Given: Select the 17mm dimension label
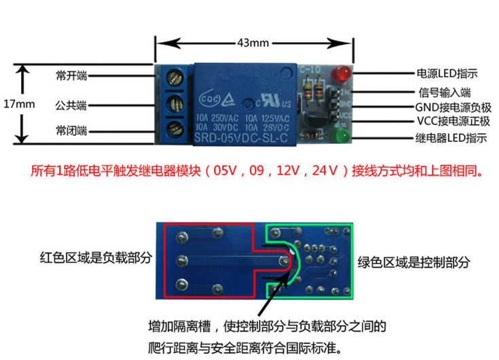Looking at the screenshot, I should click(x=18, y=105).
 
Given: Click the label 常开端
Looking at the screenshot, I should click(x=71, y=75).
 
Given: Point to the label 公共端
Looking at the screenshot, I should click(x=71, y=106).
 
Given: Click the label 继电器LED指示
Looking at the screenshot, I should click(x=451, y=139).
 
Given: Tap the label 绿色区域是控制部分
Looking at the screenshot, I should click(x=413, y=262).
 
